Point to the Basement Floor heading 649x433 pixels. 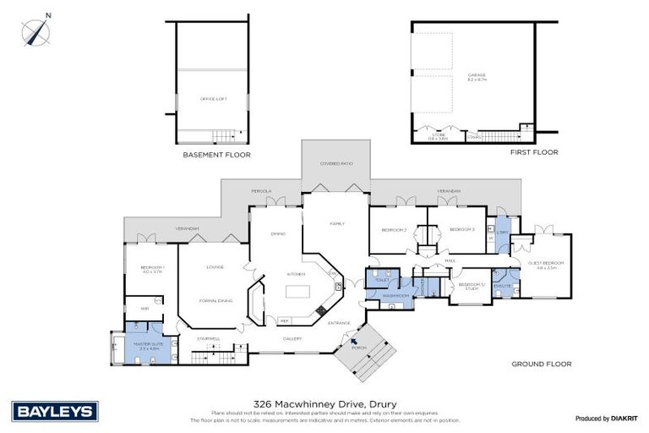coord(216,156)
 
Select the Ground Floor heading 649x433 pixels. coord(541,364)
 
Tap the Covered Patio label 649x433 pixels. coord(335,162)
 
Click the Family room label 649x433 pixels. coord(336,223)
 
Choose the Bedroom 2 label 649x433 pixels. coord(394,230)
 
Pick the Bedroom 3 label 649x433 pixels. coord(461,230)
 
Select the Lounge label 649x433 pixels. coord(214,267)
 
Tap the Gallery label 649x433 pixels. coord(291,338)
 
